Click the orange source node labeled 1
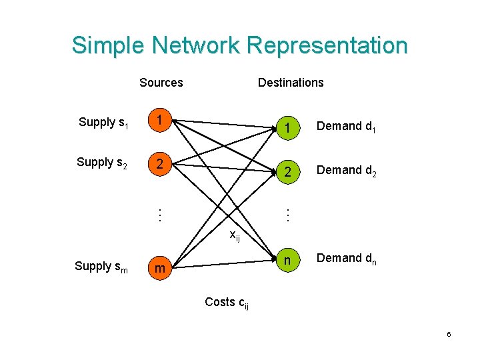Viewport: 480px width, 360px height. coord(159,121)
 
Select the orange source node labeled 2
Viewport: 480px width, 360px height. coord(159,164)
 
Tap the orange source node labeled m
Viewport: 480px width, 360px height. coord(159,268)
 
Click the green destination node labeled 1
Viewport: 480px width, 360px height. coord(286,127)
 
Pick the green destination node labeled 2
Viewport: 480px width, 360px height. coord(286,171)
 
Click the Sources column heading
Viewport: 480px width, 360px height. coord(161,83)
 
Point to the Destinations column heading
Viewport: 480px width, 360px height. coord(290,83)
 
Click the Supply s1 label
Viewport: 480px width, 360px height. coord(103,123)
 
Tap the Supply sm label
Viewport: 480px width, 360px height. coord(101,267)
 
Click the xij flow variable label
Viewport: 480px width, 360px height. coord(235,235)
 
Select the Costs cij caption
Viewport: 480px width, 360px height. coord(227,303)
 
